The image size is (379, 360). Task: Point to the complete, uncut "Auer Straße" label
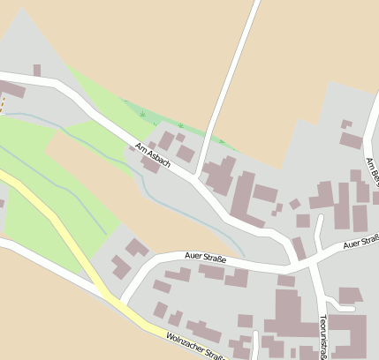pyautogui.click(x=206, y=259)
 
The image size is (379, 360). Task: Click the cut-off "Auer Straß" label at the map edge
pyautogui.click(x=360, y=241)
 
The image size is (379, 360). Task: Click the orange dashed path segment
pyautogui.click(x=2, y=105)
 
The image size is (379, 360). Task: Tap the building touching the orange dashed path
pyautogui.click(x=11, y=89)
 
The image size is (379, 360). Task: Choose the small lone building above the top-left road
pyautogui.click(x=36, y=70)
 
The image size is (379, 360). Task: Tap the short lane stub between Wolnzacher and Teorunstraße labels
pyautogui.click(x=256, y=346)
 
